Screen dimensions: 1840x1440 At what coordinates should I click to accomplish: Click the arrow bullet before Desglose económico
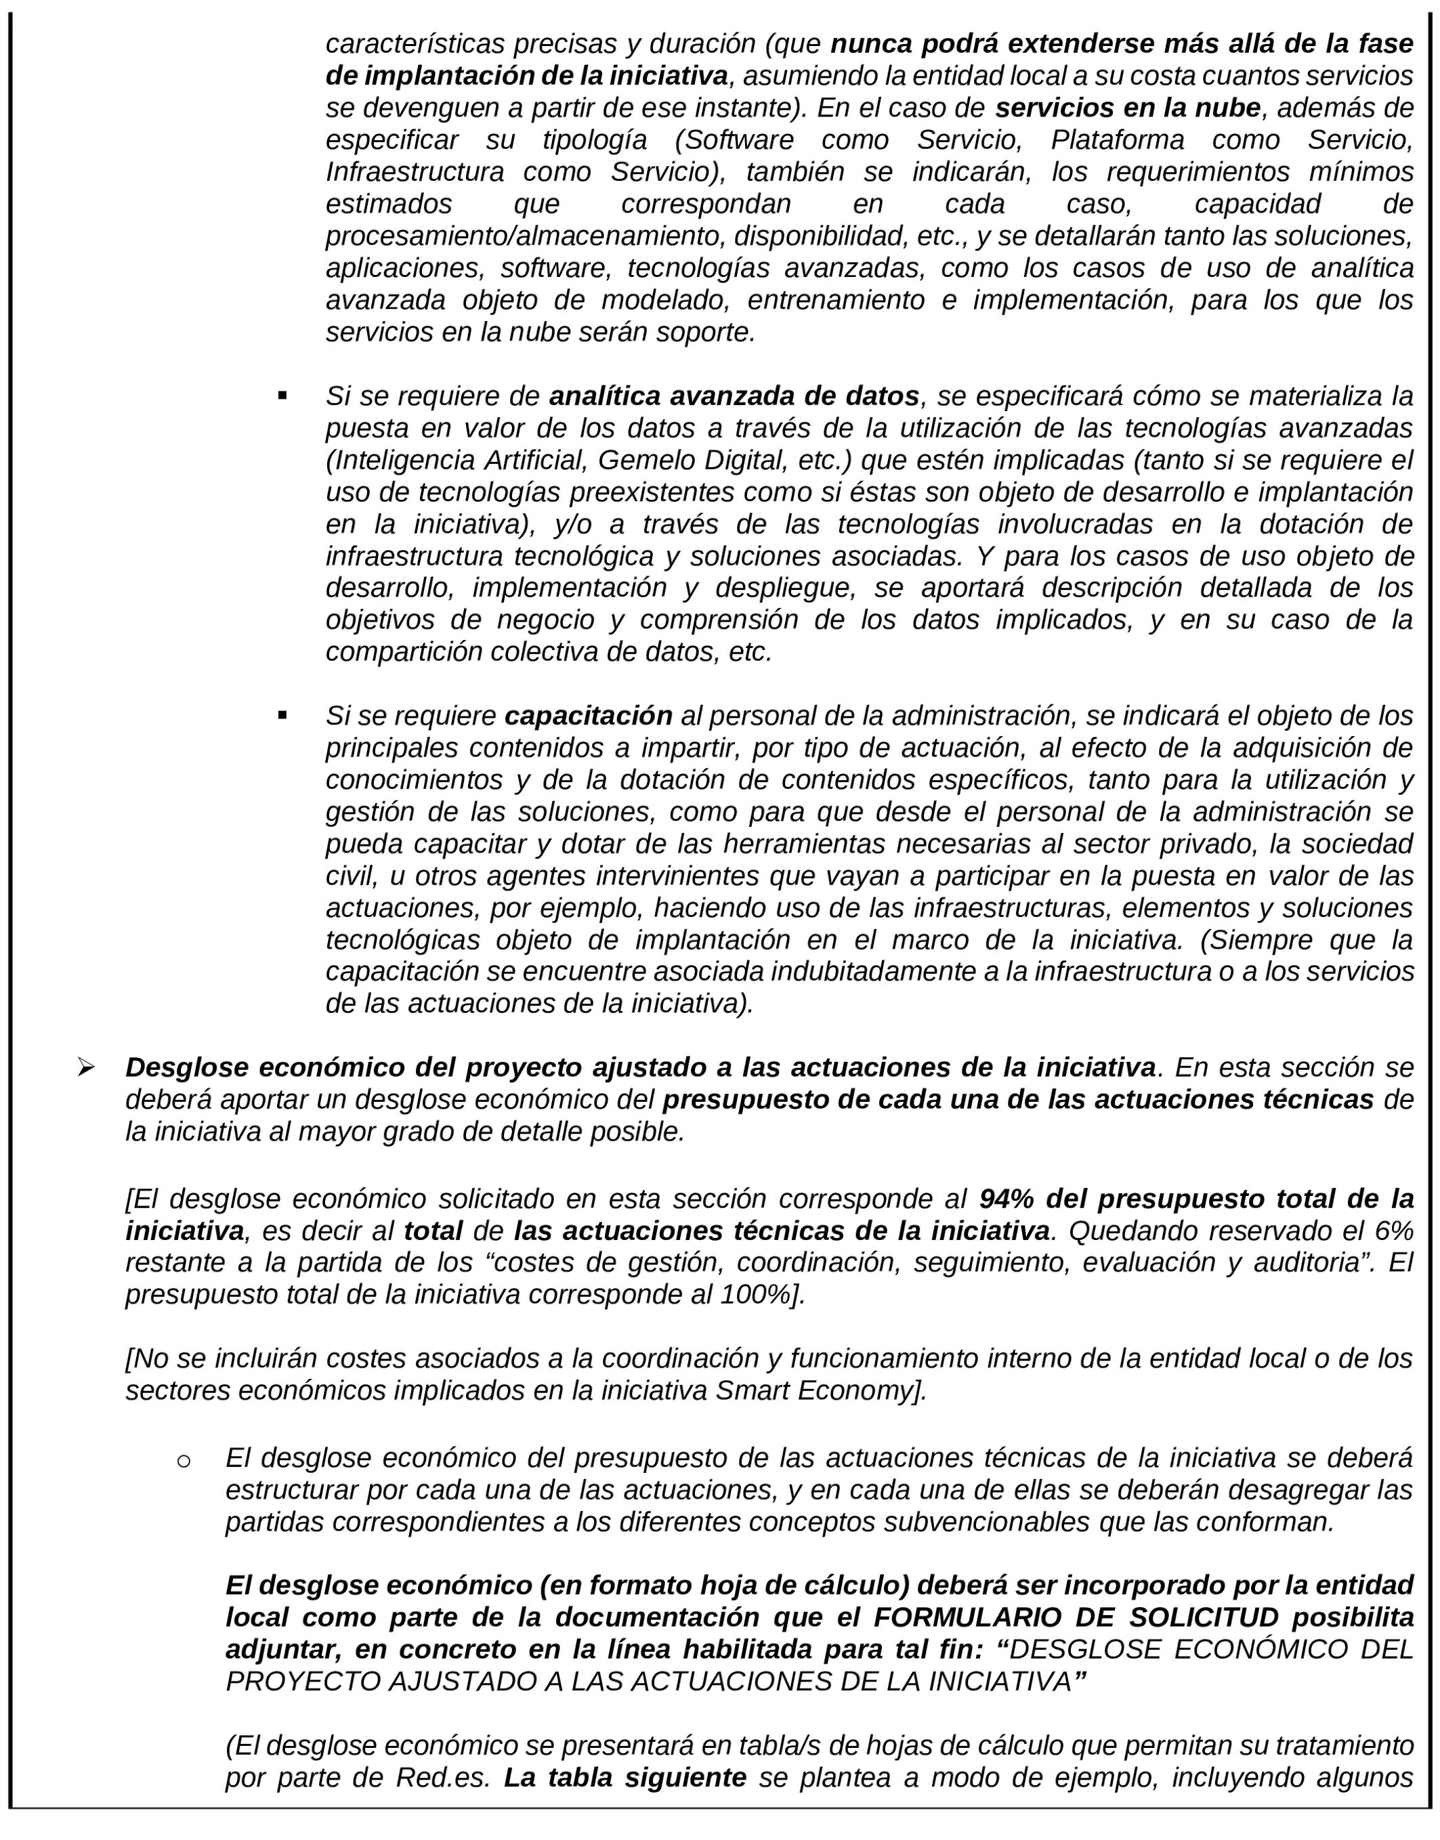85,1068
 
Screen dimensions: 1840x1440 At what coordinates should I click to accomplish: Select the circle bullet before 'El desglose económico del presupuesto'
183,1461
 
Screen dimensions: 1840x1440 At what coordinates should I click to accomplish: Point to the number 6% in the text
1393,1231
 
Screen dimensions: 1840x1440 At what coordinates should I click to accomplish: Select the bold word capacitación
588,716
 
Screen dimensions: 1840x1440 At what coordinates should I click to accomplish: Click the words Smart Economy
817,1390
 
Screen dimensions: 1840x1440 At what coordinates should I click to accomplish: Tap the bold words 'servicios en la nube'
1127,108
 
